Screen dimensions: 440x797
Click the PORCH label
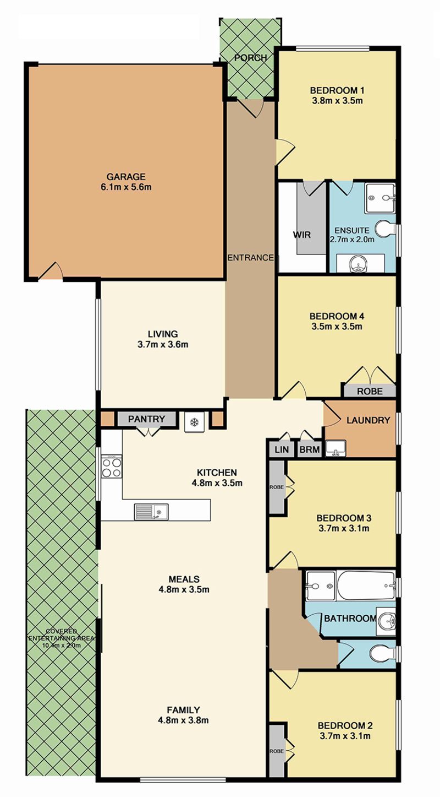pos(251,58)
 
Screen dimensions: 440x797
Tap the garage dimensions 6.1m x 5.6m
pos(126,187)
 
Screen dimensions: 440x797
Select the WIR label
pos(302,235)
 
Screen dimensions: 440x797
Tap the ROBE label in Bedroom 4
pos(370,392)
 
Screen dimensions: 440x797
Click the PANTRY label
pos(146,419)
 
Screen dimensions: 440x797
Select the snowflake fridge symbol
pos(194,422)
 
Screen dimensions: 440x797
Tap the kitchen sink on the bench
pos(151,512)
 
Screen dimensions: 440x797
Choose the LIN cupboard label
pos(282,449)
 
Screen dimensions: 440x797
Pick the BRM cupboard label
pos(310,449)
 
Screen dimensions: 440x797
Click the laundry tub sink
pos(335,448)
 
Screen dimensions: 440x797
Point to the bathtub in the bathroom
pos(366,586)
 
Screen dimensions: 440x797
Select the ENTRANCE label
pos(251,258)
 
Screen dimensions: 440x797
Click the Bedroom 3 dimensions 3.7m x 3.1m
pos(344,528)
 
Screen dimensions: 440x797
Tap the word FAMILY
pos(183,710)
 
